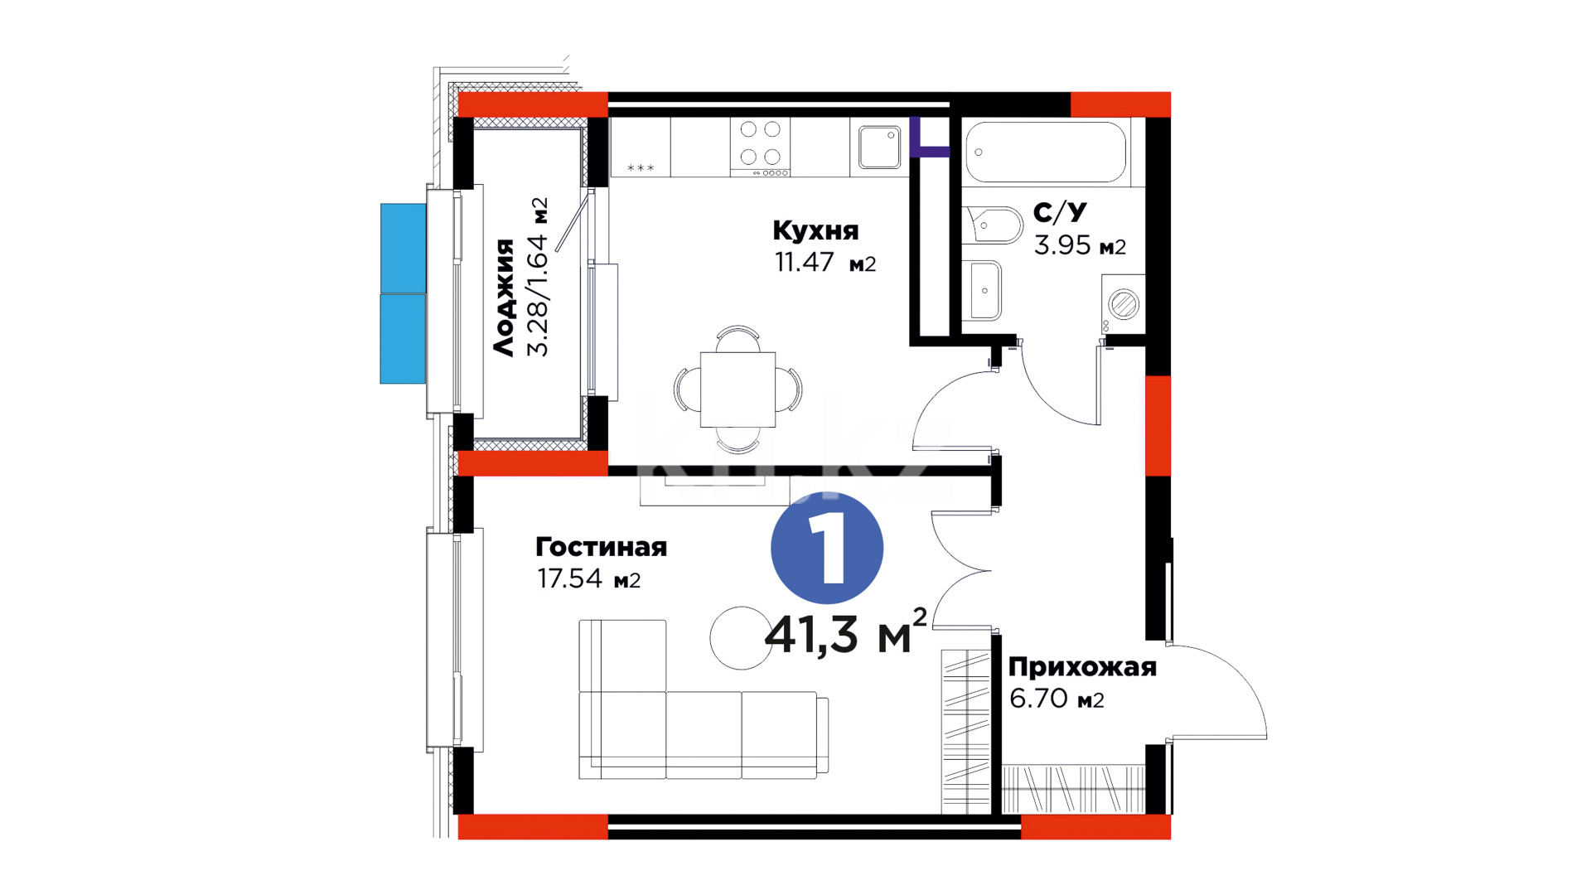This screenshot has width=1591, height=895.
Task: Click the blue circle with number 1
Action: click(x=827, y=548)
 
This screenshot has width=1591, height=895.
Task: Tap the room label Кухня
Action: click(x=815, y=230)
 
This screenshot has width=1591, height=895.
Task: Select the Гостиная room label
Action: click(x=601, y=547)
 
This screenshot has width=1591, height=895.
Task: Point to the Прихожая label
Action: click(x=1082, y=667)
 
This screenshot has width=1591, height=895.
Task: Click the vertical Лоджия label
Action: click(x=504, y=298)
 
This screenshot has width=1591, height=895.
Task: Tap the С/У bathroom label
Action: click(x=1060, y=212)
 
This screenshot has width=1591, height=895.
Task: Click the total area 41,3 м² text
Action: click(x=845, y=633)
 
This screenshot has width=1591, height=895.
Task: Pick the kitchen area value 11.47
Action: click(x=804, y=262)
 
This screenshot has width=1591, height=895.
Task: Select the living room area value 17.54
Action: click(x=569, y=578)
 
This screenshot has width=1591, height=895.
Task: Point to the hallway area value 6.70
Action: click(x=1038, y=699)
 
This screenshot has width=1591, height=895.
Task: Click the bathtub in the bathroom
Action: click(x=1046, y=152)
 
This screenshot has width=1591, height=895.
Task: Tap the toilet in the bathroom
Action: click(x=993, y=225)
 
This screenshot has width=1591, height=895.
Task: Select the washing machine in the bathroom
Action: click(x=1124, y=304)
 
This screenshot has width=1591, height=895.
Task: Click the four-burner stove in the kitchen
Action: click(x=760, y=147)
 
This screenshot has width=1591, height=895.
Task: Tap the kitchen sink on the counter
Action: click(x=879, y=148)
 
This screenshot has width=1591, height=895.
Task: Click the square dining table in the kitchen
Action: click(x=737, y=389)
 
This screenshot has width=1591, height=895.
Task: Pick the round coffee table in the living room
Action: click(x=741, y=638)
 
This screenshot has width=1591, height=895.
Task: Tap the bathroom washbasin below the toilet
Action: click(x=985, y=290)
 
